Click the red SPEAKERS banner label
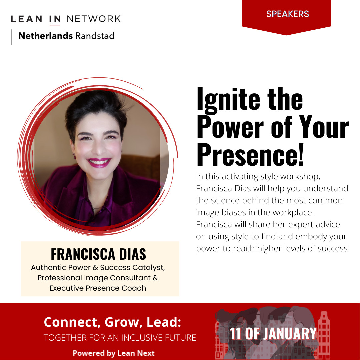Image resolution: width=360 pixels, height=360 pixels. click(287, 14)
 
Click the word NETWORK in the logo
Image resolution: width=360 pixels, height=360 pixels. click(93, 19)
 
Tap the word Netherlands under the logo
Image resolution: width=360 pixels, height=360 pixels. click(45, 36)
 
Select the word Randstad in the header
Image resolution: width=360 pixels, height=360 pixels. click(95, 36)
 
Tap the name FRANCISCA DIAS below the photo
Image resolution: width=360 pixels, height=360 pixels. click(98, 254)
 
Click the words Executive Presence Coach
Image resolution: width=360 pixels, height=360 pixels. click(98, 288)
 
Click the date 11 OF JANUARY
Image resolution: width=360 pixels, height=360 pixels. click(273, 334)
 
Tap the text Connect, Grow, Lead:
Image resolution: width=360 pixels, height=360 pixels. click(112, 322)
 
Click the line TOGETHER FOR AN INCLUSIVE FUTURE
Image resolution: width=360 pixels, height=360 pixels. click(120, 338)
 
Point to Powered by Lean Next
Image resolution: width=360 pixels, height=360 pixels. click(114, 353)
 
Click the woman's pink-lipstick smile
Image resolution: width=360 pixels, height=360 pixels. click(99, 162)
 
